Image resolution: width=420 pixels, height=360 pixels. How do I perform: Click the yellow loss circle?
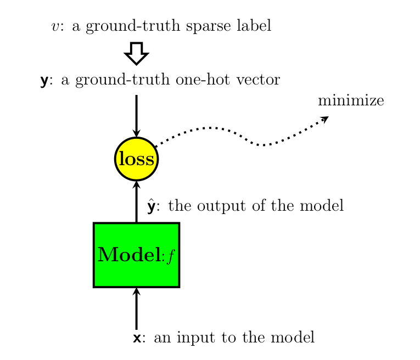pos(137,159)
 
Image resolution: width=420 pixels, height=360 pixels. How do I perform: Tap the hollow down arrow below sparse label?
pos(137,53)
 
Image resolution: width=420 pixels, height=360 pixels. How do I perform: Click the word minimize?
pos(350,101)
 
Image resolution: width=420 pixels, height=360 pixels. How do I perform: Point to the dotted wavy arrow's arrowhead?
pos(325,119)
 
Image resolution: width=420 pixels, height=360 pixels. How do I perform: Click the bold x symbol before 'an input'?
pos(137,338)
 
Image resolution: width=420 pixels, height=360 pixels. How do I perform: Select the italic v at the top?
pos(55,27)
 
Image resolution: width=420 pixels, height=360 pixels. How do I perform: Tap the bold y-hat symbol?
pos(153,206)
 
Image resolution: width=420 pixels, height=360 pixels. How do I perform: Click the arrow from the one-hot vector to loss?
pos(137,115)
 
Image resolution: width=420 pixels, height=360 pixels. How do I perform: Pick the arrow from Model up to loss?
pos(137,202)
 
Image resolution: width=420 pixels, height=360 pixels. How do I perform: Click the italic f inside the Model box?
pos(170,256)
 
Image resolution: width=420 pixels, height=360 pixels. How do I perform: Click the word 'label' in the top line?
pos(255,26)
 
